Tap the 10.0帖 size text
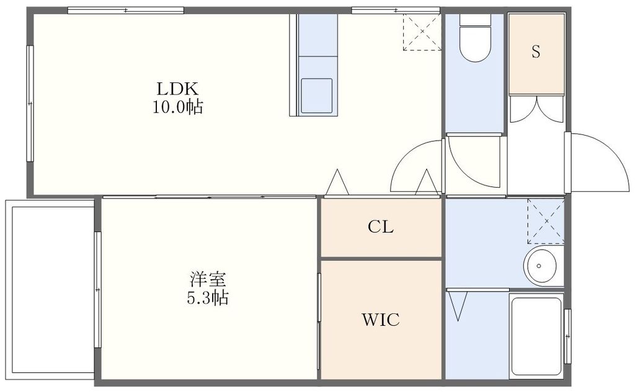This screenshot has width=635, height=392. pyautogui.click(x=177, y=107)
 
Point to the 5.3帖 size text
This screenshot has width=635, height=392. pyautogui.click(x=208, y=298)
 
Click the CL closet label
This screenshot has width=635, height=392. pyautogui.click(x=380, y=227)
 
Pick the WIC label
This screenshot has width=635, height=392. pyautogui.click(x=380, y=320)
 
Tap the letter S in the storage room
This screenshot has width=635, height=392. pyautogui.click(x=536, y=52)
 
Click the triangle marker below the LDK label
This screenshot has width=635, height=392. pyautogui.click(x=338, y=183)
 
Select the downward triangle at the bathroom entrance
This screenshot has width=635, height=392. pyautogui.click(x=460, y=305)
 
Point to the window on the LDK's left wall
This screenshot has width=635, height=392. pyautogui.click(x=29, y=103)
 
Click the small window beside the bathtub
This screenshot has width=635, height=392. pyautogui.click(x=567, y=334)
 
